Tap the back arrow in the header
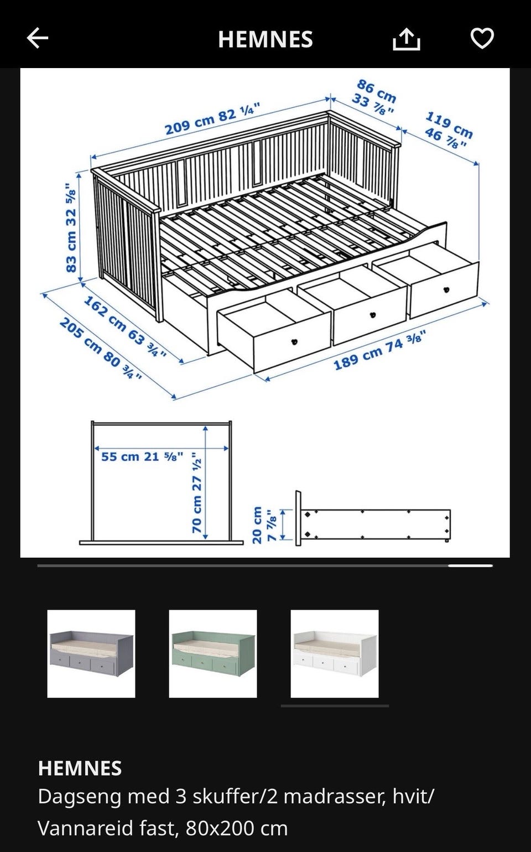point(37,38)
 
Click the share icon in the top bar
point(406,39)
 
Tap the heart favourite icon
point(482,38)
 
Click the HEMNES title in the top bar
point(265,39)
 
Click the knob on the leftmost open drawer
point(294,342)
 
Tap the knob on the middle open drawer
point(373,315)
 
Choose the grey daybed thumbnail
point(91,654)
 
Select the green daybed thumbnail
point(213,654)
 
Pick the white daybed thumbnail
point(335,654)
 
